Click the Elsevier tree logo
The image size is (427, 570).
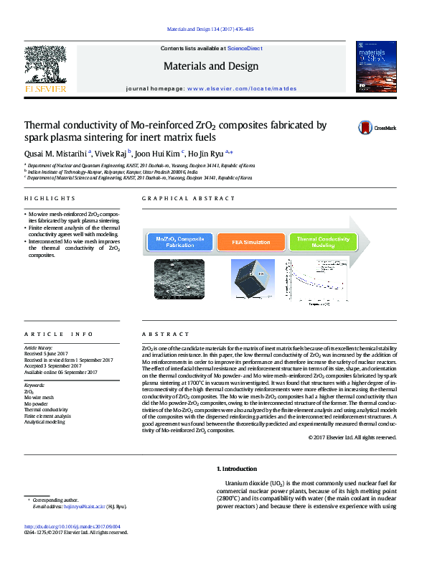[46, 69]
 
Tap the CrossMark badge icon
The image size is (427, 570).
[367, 128]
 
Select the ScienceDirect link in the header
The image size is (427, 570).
[245, 49]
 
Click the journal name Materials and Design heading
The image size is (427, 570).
[211, 67]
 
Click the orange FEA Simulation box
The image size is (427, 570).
[251, 243]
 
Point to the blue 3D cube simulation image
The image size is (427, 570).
[252, 279]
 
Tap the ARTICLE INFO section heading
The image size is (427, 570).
[59, 335]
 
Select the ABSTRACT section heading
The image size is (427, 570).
[165, 335]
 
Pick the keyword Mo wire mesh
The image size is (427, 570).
[39, 397]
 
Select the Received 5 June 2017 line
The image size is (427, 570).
[46, 354]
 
